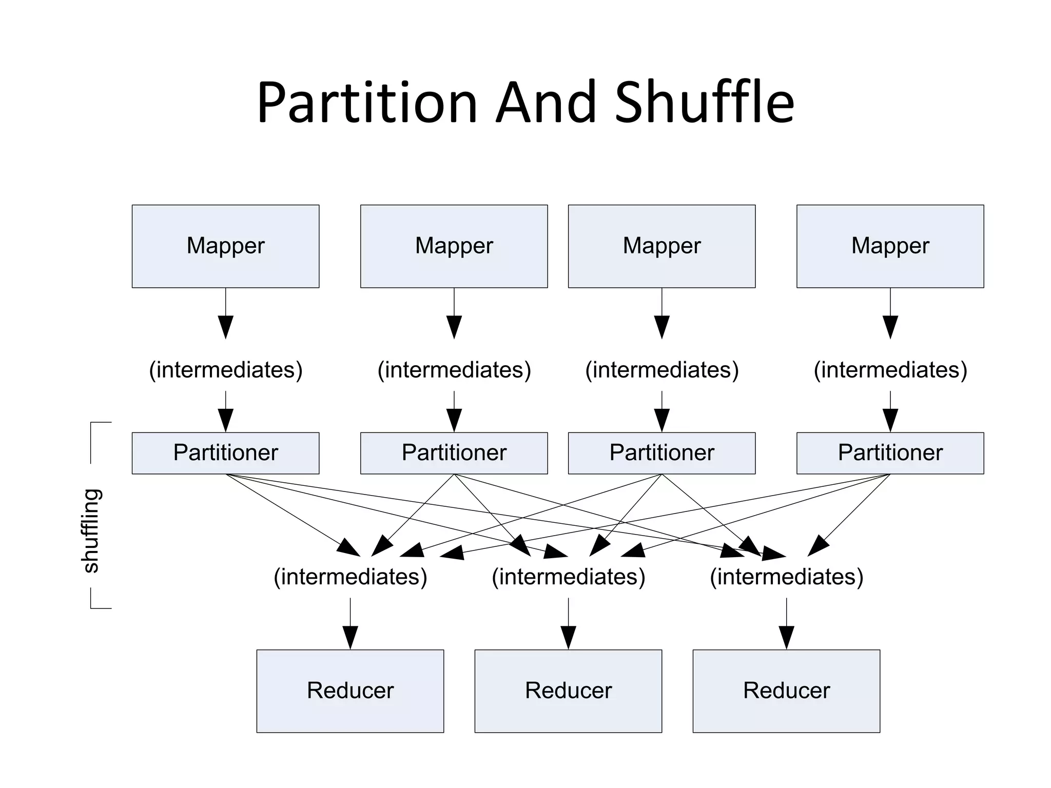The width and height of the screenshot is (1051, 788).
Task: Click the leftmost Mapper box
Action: click(225, 246)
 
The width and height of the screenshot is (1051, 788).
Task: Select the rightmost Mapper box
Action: click(890, 246)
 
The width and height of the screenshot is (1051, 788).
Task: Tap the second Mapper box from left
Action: click(454, 246)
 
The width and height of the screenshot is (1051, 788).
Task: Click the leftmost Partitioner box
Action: click(225, 453)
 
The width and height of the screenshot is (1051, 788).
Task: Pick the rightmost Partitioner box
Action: click(890, 453)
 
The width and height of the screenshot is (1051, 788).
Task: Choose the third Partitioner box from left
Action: click(661, 453)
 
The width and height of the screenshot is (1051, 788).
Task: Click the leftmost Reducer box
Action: click(350, 691)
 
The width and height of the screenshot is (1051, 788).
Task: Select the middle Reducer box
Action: click(568, 691)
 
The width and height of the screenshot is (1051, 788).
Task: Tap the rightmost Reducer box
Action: click(786, 691)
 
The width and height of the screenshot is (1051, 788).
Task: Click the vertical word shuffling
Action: click(91, 530)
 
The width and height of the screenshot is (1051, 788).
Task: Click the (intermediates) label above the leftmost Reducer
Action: click(350, 577)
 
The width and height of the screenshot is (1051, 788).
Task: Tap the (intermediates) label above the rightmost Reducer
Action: click(786, 577)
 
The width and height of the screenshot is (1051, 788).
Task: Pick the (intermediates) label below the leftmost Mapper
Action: click(225, 370)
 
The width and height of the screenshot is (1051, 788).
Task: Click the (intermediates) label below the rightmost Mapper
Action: click(890, 370)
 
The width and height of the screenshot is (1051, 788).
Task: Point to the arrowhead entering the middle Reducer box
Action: click(568, 638)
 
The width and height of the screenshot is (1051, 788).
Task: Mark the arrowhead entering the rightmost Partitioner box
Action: click(890, 420)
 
